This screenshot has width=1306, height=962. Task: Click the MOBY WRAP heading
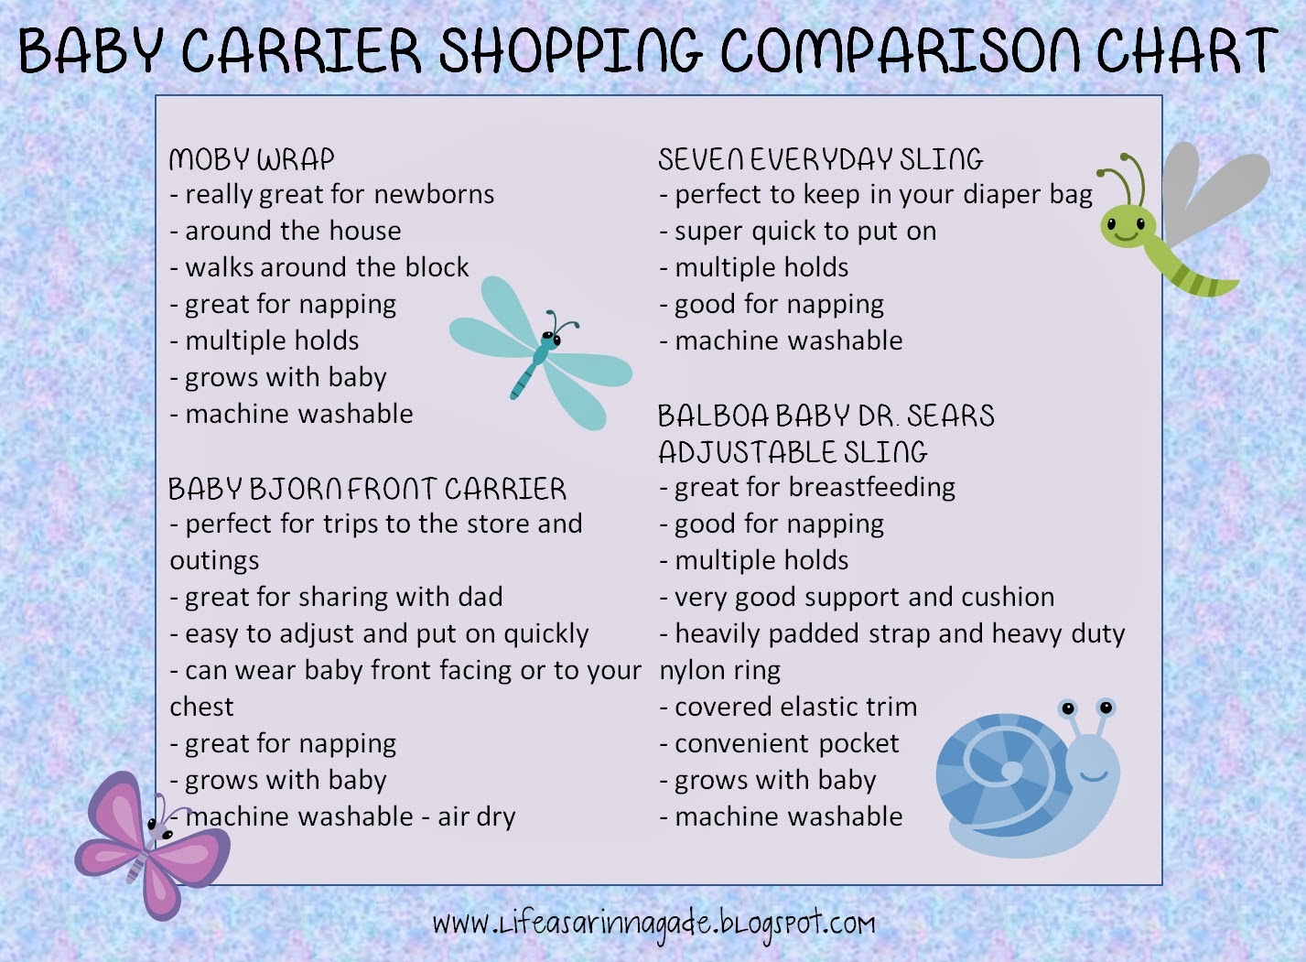coord(252,159)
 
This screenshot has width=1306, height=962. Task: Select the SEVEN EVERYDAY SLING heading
coord(820,159)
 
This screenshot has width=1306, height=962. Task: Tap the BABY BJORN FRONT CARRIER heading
coord(367,489)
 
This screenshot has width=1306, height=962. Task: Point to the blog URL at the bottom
coord(653,924)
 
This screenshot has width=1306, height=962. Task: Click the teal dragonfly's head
coord(549,337)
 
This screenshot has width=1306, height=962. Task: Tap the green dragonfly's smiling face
coord(1127,226)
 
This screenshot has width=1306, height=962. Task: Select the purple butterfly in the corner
coord(153,846)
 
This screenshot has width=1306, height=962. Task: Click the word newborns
coord(434,194)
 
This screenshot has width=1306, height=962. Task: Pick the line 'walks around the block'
coord(319,267)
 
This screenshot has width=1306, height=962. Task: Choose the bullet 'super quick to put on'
coord(798,232)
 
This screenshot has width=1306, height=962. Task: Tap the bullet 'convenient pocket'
coord(780,744)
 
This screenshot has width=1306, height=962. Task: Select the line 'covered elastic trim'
coord(788,708)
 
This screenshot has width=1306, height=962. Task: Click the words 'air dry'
coord(477,817)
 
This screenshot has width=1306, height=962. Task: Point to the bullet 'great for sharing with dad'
coord(336,597)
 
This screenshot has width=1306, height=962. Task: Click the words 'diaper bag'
coord(1027,195)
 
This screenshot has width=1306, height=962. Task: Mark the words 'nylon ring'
coord(719,671)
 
